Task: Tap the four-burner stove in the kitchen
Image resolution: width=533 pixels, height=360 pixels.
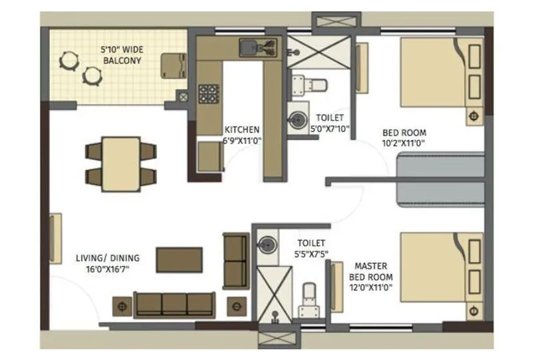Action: (209, 93)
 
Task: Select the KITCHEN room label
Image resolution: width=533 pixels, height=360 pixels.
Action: (242, 129)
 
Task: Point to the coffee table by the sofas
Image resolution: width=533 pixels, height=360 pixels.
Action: (179, 259)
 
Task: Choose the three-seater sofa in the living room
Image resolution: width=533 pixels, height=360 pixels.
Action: (173, 304)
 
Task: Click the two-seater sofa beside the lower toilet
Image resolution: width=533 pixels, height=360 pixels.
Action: (235, 261)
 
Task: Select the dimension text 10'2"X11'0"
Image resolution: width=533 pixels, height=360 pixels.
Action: (404, 143)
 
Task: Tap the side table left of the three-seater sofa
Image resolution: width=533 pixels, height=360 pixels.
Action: (123, 305)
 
